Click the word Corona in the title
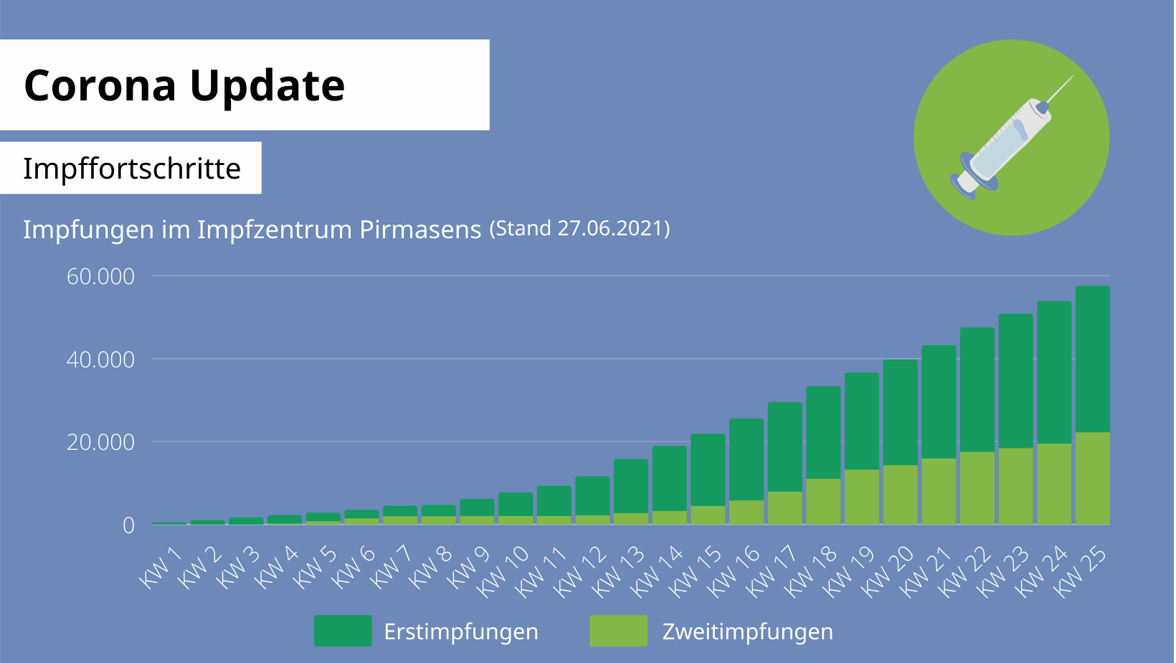[x=100, y=85]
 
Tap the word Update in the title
[x=267, y=87]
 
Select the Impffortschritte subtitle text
[x=132, y=169]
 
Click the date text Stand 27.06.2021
[x=579, y=228]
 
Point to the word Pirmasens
[x=420, y=230]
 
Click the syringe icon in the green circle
[x=1011, y=138]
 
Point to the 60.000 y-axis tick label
[x=100, y=276]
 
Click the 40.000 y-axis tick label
[x=100, y=359]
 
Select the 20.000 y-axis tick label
[x=100, y=442]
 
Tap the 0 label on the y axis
[x=128, y=525]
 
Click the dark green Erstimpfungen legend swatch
[x=343, y=631]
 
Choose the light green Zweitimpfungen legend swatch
[x=618, y=631]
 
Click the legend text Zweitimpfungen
[x=747, y=631]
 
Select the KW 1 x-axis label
[x=160, y=568]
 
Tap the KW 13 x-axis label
[x=618, y=571]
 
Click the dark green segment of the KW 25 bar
[x=1092, y=359]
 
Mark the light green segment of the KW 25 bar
[x=1092, y=478]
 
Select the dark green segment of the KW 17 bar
[x=784, y=446]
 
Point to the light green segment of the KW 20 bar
[x=900, y=494]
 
